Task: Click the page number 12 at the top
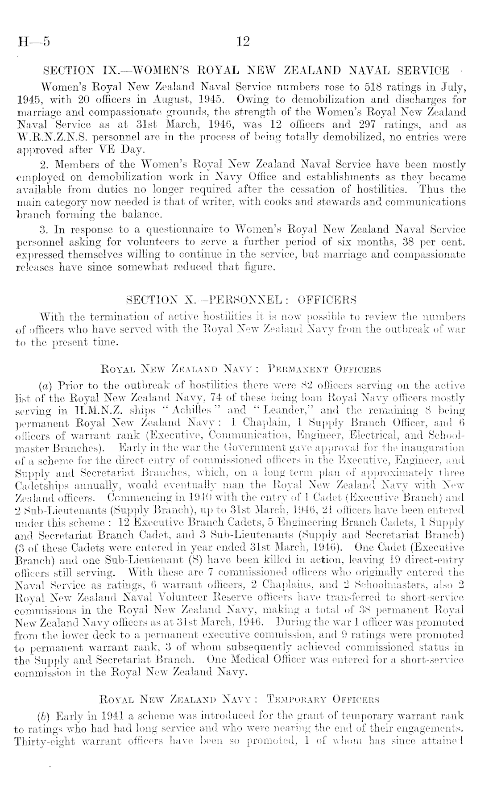click(244, 42)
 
